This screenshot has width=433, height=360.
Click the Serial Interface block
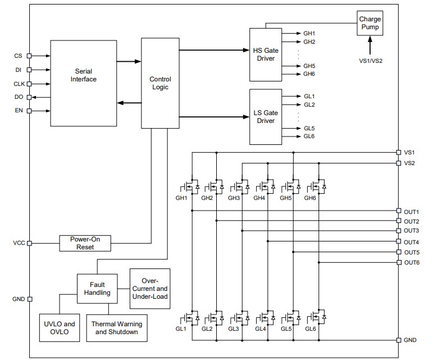click(x=83, y=83)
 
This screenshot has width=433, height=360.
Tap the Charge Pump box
click(x=370, y=22)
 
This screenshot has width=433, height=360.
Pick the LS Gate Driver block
click(x=266, y=117)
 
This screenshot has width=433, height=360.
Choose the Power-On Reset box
click(x=85, y=243)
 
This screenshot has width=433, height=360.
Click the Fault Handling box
click(x=97, y=288)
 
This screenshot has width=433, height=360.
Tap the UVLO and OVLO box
click(x=59, y=327)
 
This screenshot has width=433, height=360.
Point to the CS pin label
click(x=18, y=56)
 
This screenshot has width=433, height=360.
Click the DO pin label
click(x=18, y=97)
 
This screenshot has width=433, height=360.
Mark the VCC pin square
click(x=30, y=243)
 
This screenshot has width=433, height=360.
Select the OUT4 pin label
click(x=412, y=242)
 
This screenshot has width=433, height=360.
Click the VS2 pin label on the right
click(x=409, y=163)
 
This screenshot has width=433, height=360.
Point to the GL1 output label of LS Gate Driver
click(x=309, y=96)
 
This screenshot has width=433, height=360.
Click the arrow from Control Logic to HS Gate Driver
click(x=213, y=49)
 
